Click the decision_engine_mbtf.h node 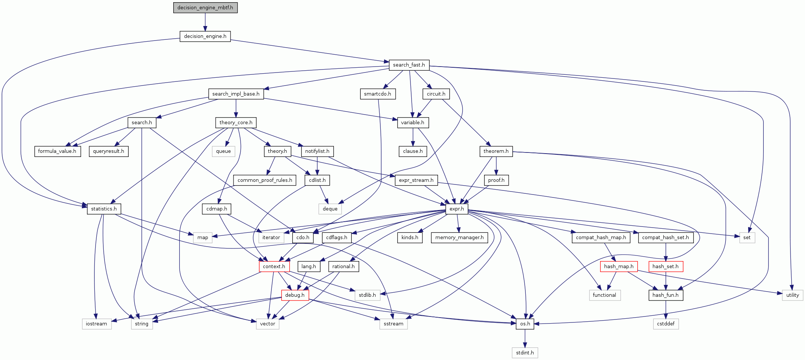tap(205, 7)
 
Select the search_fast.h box tap(409, 65)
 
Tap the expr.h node tap(457, 209)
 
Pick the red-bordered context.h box tap(274, 267)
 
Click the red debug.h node tap(295, 295)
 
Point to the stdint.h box tap(525, 353)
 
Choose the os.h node tap(525, 324)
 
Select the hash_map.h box tap(619, 267)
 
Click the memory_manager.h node tap(459, 238)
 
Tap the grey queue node tap(223, 151)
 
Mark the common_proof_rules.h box tap(265, 180)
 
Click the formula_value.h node tap(57, 151)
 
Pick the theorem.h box tap(496, 151)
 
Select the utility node tap(792, 295)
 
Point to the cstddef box tap(666, 324)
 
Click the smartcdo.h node tap(377, 94)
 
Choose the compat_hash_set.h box tap(665, 238)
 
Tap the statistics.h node tap(104, 209)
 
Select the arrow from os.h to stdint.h tap(525, 338)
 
